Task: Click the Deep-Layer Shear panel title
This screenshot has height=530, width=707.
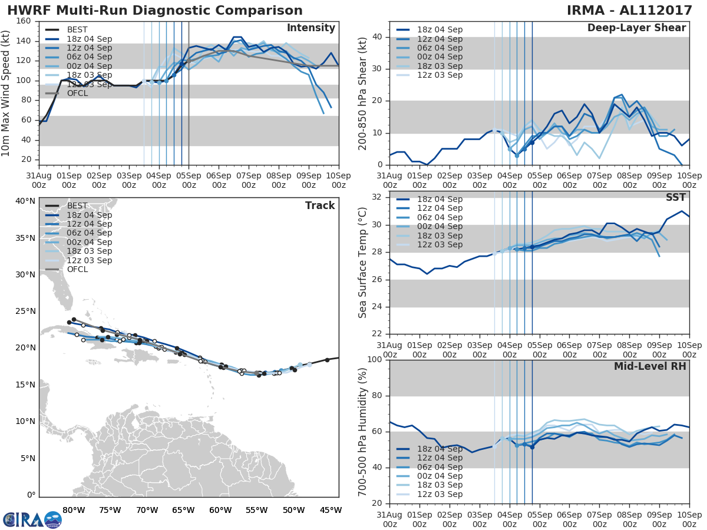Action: click(x=636, y=28)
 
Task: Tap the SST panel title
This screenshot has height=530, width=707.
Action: click(x=675, y=198)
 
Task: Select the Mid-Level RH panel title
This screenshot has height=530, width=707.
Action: click(x=650, y=367)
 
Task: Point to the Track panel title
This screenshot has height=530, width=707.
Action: click(x=319, y=206)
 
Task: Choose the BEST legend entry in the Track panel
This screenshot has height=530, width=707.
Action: click(x=77, y=206)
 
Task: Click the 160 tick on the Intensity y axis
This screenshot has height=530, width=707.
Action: click(x=24, y=21)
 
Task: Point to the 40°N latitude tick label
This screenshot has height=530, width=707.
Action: click(x=25, y=201)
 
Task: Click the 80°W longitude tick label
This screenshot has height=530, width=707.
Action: click(x=73, y=510)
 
